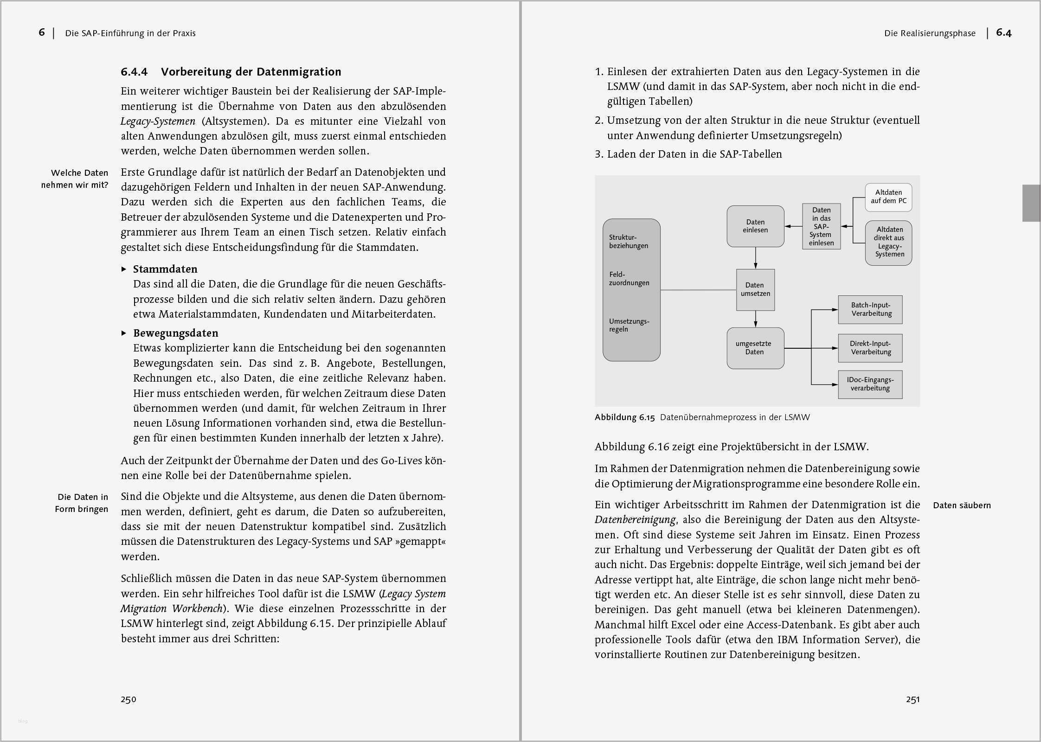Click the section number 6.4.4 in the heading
(x=134, y=72)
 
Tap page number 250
(x=129, y=699)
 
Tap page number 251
(x=912, y=699)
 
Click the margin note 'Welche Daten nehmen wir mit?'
(x=75, y=179)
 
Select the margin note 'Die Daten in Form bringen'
(x=82, y=503)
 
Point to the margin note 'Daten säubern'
(x=962, y=505)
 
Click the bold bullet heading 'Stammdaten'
(x=165, y=269)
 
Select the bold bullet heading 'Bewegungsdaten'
(x=175, y=333)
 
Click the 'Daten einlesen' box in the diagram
(x=755, y=226)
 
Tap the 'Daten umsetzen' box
(x=755, y=289)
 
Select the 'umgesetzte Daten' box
(x=755, y=348)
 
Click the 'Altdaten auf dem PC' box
(x=888, y=197)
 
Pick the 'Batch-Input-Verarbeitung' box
(x=870, y=309)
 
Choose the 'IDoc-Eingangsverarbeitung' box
(x=870, y=384)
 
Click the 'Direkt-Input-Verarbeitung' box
(x=870, y=348)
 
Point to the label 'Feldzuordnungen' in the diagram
(x=629, y=279)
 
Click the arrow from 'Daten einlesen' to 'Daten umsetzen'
(x=755, y=258)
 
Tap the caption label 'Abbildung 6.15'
(x=624, y=417)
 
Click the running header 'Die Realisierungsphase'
(x=930, y=33)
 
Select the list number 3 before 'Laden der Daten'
(x=598, y=154)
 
